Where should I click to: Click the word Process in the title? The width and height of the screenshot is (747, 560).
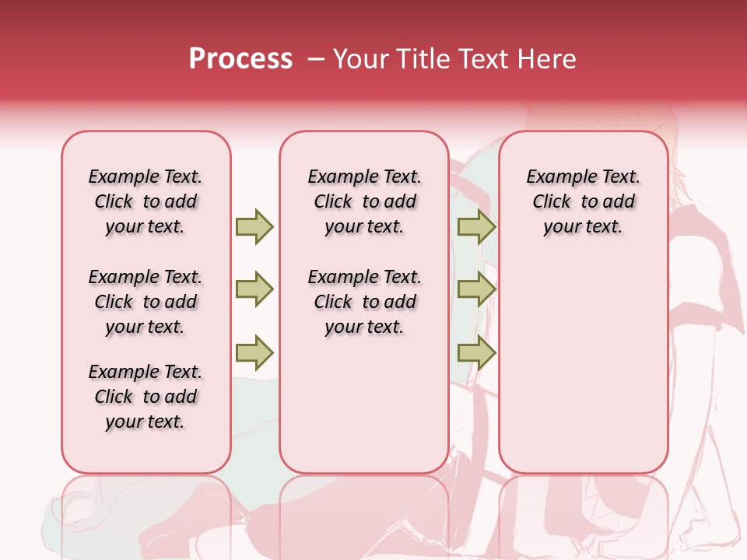coord(240,59)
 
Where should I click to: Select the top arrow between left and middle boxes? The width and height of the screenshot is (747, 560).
coord(254,226)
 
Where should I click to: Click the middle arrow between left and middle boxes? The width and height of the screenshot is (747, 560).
coord(254,289)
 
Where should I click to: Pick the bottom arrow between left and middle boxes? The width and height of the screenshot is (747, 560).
coord(254,353)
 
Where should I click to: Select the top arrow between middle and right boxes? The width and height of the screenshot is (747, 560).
coord(476,226)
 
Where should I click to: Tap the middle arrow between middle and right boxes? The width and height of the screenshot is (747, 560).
coord(476,289)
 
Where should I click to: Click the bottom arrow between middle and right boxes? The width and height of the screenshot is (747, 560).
coord(476,353)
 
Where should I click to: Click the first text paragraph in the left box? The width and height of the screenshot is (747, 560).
coord(146,201)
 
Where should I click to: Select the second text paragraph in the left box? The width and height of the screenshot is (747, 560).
coord(146,302)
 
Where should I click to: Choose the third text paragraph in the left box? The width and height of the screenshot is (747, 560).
coord(146,397)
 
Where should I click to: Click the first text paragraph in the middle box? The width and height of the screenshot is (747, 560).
coord(364,201)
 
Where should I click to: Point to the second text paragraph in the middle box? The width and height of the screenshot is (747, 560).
coord(364,302)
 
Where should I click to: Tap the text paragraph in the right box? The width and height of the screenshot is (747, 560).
coord(583,201)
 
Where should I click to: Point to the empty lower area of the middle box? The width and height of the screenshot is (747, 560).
coord(364,404)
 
